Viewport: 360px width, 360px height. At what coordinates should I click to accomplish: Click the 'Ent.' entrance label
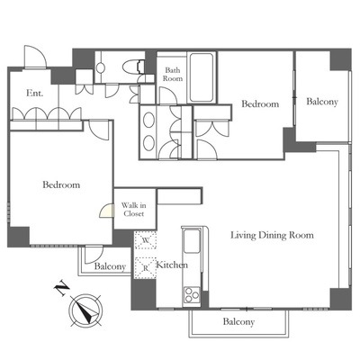click(x=35, y=93)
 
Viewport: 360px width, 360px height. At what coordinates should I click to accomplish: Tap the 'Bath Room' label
click(x=173, y=75)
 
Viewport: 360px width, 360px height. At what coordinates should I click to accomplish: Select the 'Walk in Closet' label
click(x=134, y=210)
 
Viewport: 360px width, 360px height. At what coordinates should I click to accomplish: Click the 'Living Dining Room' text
click(x=272, y=235)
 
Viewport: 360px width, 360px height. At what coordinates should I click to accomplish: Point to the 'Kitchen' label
click(x=172, y=265)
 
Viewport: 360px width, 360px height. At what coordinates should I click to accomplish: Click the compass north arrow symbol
click(x=86, y=310)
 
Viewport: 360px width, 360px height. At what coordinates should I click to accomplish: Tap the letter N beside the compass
click(x=62, y=288)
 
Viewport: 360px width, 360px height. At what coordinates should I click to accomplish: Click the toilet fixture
click(x=133, y=67)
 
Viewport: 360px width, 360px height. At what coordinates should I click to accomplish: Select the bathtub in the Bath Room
click(x=202, y=77)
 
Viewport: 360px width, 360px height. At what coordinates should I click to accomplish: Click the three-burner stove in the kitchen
click(x=192, y=295)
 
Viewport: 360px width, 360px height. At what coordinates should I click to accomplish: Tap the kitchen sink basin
click(x=192, y=241)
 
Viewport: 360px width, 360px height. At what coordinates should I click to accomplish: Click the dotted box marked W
click(x=146, y=240)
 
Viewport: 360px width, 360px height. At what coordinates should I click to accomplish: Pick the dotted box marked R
click(x=146, y=267)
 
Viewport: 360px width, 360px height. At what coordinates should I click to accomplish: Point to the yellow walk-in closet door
click(x=107, y=211)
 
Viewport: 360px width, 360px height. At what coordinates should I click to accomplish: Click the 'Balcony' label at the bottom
click(x=238, y=322)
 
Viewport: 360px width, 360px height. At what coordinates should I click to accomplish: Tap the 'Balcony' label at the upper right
click(x=322, y=102)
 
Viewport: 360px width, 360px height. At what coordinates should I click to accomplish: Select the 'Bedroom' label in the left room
click(x=61, y=184)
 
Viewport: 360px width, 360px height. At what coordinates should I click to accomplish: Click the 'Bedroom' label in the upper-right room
click(x=260, y=104)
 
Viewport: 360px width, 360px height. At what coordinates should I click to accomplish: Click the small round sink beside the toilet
click(x=101, y=67)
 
